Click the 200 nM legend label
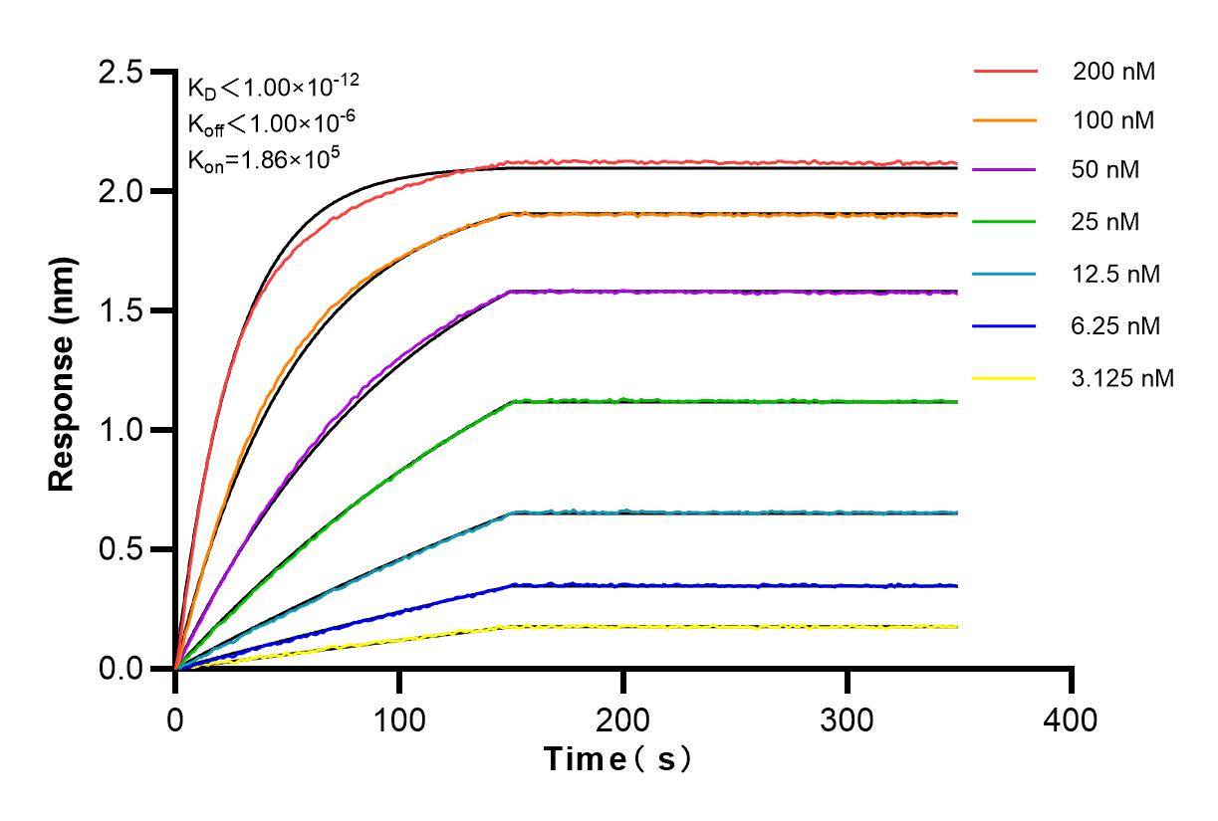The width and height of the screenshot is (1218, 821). coord(1113,71)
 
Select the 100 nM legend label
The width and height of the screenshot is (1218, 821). coord(1113,121)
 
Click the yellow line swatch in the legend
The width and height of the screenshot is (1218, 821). coord(1005,377)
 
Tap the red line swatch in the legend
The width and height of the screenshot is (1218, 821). coord(1005,71)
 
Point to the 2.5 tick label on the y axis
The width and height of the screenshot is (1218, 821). coord(120,73)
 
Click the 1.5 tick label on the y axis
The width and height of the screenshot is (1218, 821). coord(120,310)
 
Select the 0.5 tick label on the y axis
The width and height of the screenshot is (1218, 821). coord(120,549)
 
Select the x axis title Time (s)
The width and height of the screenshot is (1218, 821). coord(617,759)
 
